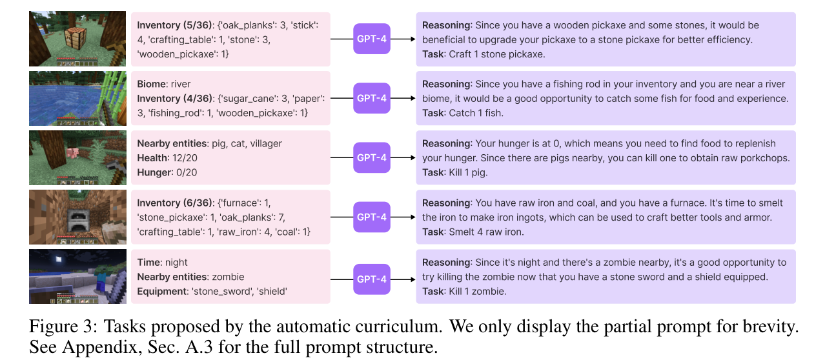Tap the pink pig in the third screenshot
coord(73,153)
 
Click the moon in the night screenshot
coord(59,259)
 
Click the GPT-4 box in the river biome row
coord(372,98)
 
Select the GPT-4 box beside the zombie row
coord(372,279)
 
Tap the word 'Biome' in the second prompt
coord(152,85)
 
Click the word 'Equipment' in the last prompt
coord(163,292)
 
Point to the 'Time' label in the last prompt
coord(149,263)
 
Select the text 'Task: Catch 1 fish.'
coord(463,113)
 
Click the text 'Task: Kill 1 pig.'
coord(455,173)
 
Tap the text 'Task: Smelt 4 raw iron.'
coord(473,232)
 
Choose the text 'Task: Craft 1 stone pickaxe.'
coord(484,54)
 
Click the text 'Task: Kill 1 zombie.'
coord(464,292)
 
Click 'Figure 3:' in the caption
coord(63,327)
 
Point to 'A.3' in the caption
coord(199,347)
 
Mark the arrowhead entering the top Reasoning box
coord(413,39)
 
